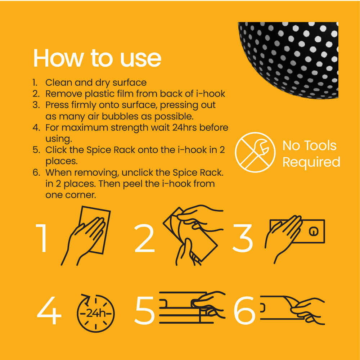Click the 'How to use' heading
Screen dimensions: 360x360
[x=97, y=58]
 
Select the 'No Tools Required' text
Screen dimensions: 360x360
[x=311, y=154]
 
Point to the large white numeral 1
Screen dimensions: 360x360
[x=42, y=238]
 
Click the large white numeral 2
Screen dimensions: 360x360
[x=144, y=238]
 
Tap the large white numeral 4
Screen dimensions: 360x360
[x=49, y=311]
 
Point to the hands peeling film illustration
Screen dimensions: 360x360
[x=191, y=234]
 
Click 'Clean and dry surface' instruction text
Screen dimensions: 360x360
[x=96, y=82]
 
